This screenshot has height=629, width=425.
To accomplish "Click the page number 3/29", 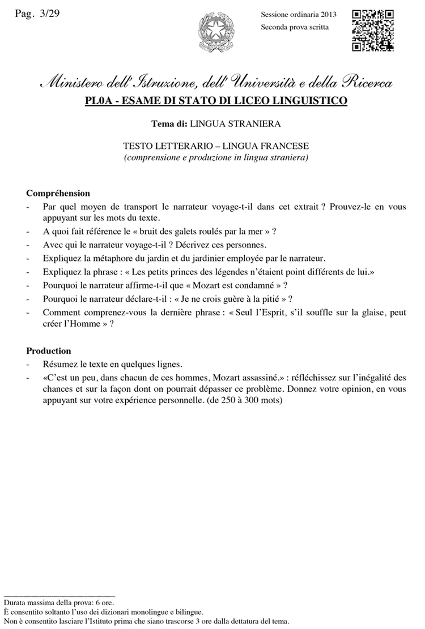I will click(49, 14).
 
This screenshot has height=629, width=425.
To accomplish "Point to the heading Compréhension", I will click(58, 193).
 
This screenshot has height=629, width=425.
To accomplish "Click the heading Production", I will click(49, 350).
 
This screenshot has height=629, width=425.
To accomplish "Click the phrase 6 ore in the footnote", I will click(103, 604).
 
